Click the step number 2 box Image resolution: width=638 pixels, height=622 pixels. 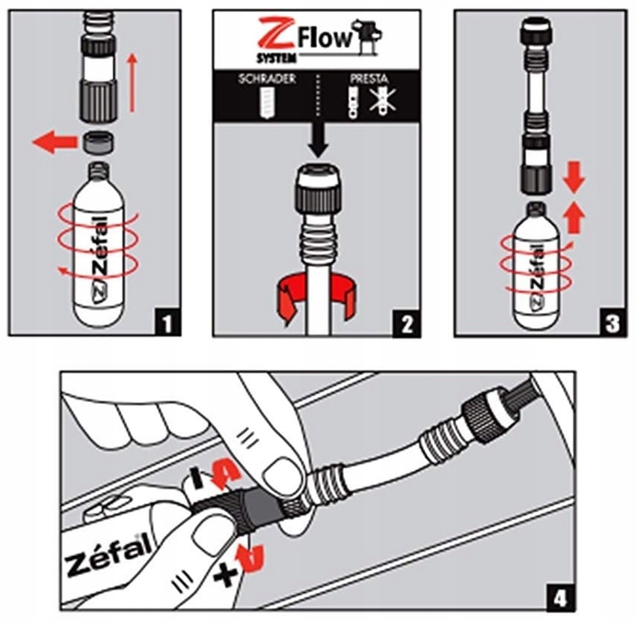pyautogui.click(x=406, y=323)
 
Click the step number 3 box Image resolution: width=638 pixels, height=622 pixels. pyautogui.click(x=613, y=323)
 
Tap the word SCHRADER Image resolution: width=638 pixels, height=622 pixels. pyautogui.click(x=267, y=79)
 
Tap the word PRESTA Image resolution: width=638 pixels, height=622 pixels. pyautogui.click(x=369, y=79)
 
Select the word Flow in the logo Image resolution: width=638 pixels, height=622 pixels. pyautogui.click(x=325, y=40)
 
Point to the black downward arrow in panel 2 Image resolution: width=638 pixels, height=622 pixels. pyautogui.click(x=318, y=140)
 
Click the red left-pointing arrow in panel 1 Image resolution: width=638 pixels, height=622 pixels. pyautogui.click(x=55, y=142)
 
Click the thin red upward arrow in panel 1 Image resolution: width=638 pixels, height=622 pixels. pyautogui.click(x=132, y=82)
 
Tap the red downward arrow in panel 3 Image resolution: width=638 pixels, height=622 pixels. pyautogui.click(x=574, y=177)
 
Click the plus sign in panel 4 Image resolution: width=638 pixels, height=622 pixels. pyautogui.click(x=226, y=575)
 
